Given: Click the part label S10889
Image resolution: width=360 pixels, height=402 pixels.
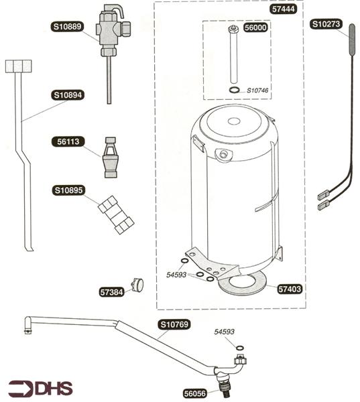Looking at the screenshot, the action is [67, 27].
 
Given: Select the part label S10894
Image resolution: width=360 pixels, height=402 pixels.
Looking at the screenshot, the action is [68, 95].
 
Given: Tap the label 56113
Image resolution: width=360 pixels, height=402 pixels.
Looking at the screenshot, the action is [68, 141].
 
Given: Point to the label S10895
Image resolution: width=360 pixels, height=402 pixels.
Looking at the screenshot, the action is [69, 190].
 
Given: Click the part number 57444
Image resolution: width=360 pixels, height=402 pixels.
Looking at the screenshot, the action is [284, 9].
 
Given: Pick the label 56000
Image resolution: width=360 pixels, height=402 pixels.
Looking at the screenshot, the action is [255, 27].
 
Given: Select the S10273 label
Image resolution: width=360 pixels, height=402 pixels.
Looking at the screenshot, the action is [326, 24].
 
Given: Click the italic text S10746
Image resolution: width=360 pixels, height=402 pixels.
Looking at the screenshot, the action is [257, 90].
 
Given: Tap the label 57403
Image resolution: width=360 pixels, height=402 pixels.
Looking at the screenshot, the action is [290, 289].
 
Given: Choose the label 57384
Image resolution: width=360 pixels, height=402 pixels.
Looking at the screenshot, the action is [111, 292].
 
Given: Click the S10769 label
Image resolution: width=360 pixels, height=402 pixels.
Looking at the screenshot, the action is [174, 324].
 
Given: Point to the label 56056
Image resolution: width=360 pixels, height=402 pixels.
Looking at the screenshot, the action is [195, 393].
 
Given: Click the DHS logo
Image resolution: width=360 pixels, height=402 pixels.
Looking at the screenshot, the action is [40, 389].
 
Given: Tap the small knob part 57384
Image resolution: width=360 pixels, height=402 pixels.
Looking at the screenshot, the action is [138, 285].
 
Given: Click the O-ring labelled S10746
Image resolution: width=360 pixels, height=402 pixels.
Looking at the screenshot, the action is [235, 90].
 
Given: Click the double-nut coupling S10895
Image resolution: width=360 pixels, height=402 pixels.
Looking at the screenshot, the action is [116, 215].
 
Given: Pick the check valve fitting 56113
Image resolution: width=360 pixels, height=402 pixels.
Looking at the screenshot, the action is [111, 157].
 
